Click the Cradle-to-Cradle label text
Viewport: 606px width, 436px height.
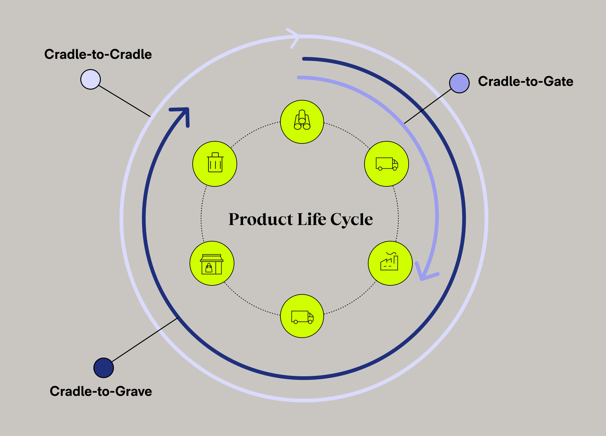point(98,54)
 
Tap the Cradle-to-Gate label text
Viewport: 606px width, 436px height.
point(525,82)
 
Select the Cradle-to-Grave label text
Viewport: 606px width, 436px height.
point(101,391)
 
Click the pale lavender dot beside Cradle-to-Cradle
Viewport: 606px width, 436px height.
point(90,79)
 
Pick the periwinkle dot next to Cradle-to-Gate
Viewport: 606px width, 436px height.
point(459,83)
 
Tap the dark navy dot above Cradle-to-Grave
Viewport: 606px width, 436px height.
point(104,368)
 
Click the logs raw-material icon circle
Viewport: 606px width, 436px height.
point(302,122)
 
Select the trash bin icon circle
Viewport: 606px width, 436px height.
point(215,164)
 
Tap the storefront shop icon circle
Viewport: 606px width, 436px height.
point(212,263)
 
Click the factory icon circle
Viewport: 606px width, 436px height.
point(390,263)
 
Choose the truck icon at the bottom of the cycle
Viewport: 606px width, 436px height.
point(302,316)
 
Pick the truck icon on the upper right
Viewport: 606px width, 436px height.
point(386,164)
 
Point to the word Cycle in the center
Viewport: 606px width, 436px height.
point(351,219)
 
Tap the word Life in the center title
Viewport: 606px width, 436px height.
point(312,219)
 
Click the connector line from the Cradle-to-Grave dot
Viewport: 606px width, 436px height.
point(145,340)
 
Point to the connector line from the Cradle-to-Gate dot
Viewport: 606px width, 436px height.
point(428,106)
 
